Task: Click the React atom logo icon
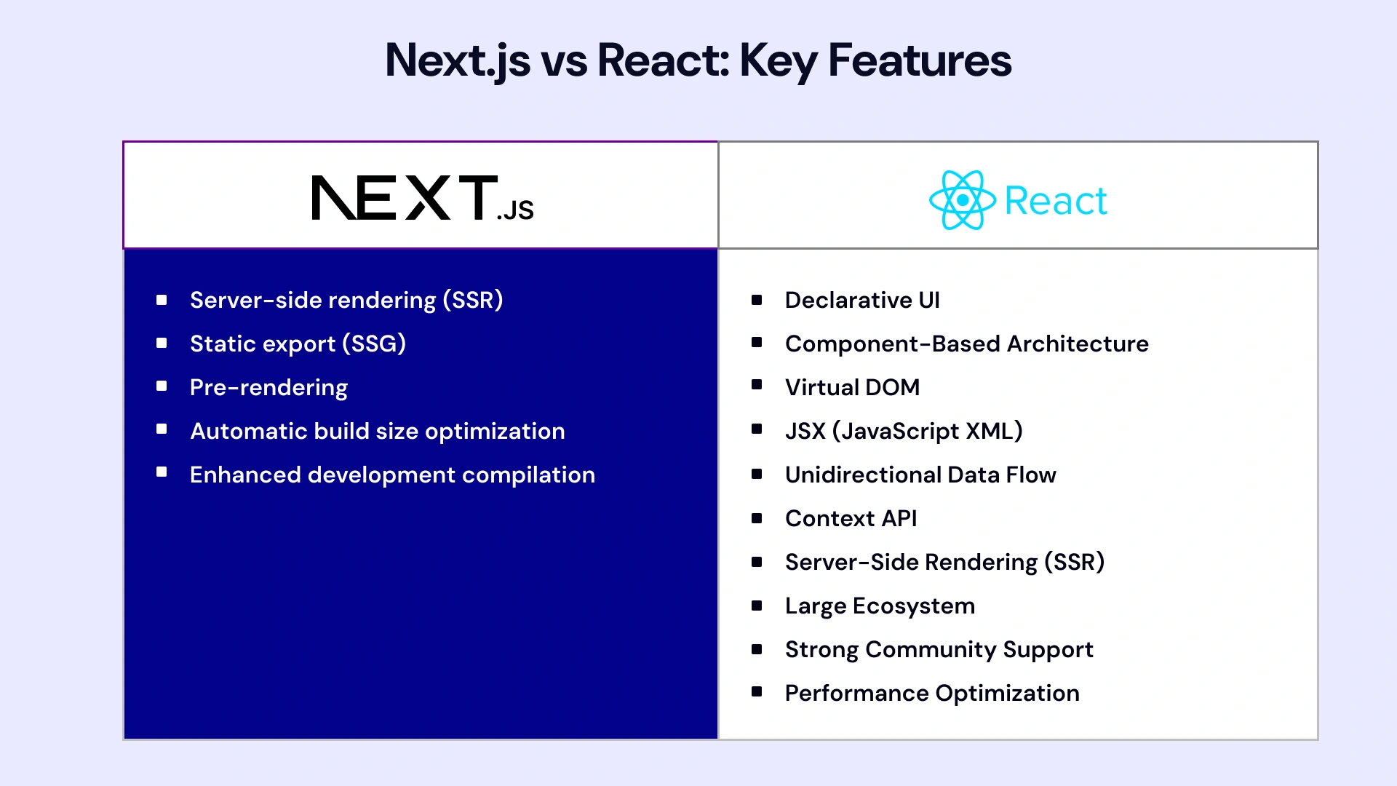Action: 962,200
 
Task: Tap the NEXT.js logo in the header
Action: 422,198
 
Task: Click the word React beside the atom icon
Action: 1055,201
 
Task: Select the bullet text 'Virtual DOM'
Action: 852,387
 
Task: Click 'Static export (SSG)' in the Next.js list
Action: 298,344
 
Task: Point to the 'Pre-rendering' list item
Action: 268,387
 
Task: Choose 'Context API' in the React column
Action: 851,518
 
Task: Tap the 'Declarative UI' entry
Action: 862,300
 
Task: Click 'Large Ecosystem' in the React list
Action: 880,606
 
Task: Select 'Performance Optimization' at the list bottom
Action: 932,693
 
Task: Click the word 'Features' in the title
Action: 920,60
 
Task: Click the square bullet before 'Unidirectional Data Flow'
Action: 757,474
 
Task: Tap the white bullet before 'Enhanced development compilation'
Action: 162,472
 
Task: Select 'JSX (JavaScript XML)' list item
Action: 904,431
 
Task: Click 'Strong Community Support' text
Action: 939,649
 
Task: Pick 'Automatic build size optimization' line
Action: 377,431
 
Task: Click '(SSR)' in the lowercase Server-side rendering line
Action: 473,300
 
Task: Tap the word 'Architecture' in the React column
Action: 1078,344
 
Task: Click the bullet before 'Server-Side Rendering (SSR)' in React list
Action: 757,561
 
